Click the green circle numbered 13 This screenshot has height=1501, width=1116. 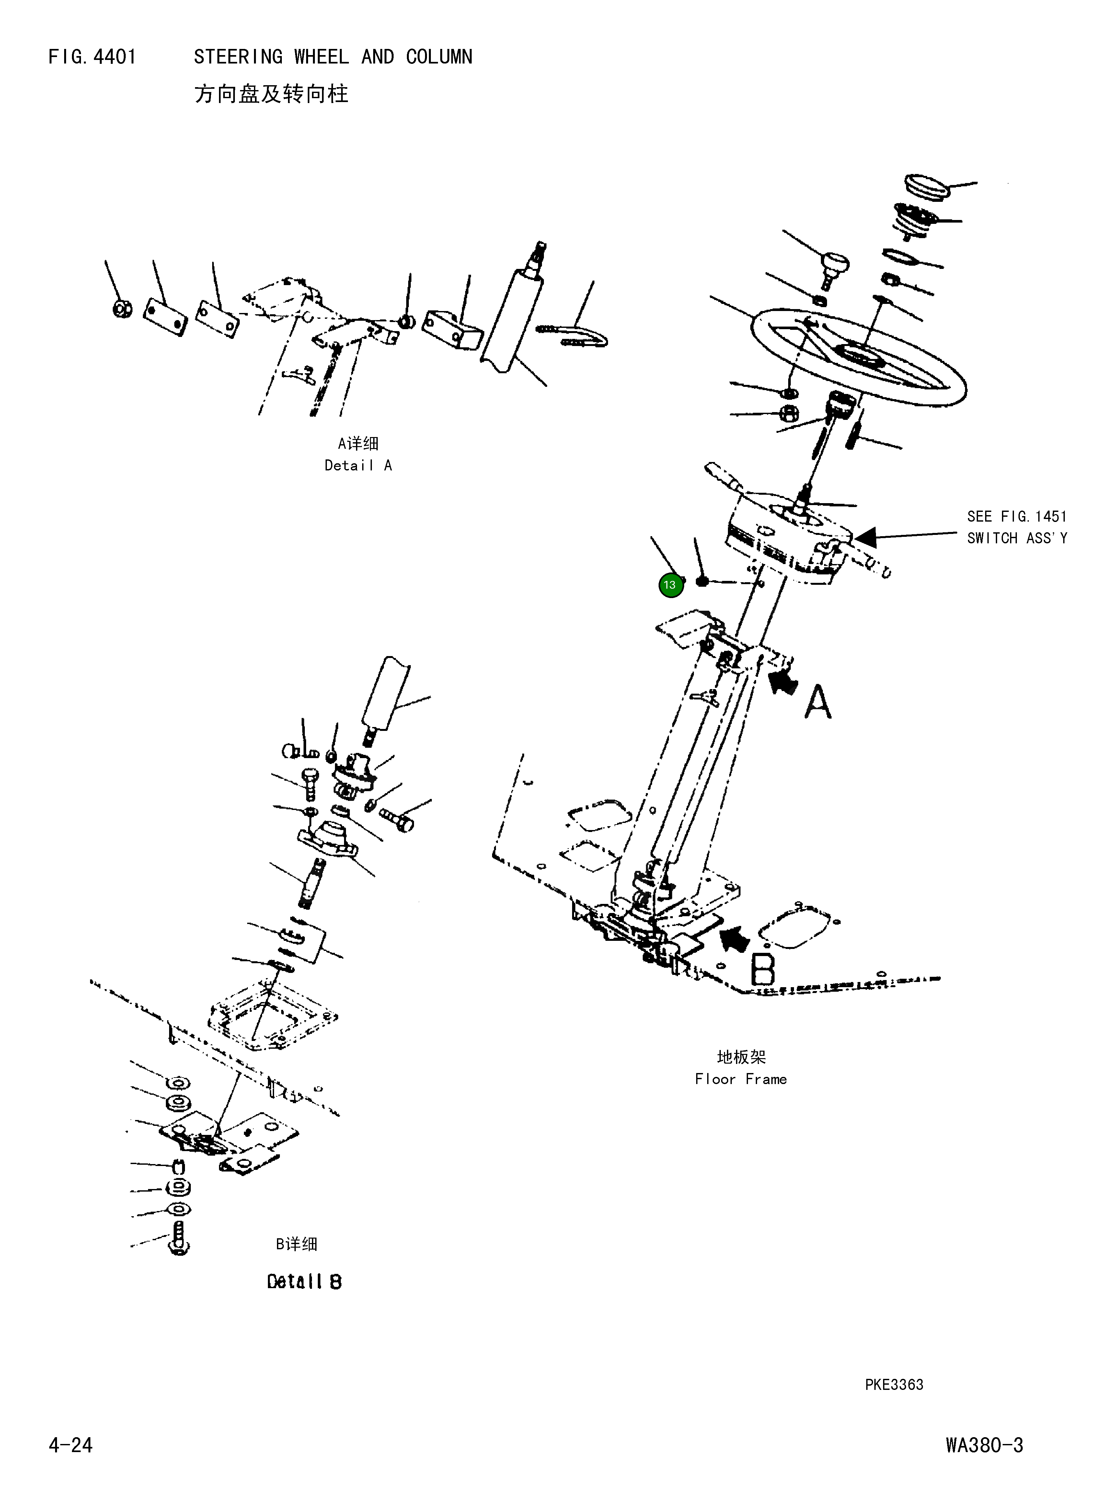coord(670,585)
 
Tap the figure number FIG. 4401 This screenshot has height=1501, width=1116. coord(93,57)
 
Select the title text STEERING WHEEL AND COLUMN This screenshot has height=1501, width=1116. coord(333,57)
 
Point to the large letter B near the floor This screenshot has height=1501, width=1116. coord(763,969)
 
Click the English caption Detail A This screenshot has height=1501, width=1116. coord(358,466)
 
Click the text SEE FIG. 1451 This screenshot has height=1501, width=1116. coord(1017,517)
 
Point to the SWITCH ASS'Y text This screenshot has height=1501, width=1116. coord(1017,538)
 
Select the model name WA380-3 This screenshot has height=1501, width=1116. coord(984,1445)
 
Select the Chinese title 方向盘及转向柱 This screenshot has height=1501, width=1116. coord(271,94)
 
